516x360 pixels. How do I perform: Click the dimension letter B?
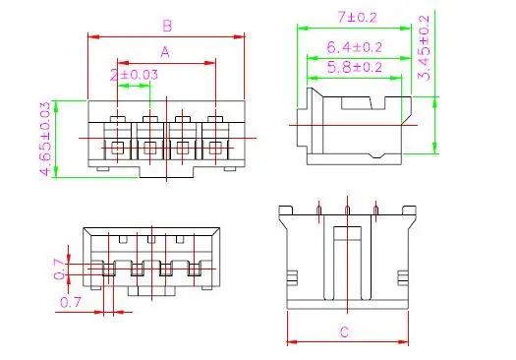point(167,26)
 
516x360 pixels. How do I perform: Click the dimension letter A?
point(165,52)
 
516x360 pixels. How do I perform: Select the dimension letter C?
point(344,332)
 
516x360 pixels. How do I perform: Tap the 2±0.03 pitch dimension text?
point(134,75)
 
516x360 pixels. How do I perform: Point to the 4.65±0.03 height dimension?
point(46,139)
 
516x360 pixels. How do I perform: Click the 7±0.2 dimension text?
point(357,17)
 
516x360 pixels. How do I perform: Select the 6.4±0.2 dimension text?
point(354,47)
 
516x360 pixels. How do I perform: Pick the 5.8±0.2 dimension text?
point(355,68)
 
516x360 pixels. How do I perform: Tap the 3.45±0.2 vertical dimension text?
point(424,48)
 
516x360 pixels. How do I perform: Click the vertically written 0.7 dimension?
point(59,270)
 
